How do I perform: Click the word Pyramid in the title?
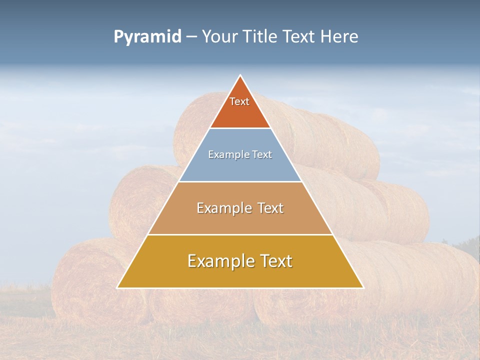point(147,37)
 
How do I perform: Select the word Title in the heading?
point(261,36)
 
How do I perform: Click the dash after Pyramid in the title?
point(191,37)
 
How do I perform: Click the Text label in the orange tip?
point(239,101)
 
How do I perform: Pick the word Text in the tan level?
point(270,208)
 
